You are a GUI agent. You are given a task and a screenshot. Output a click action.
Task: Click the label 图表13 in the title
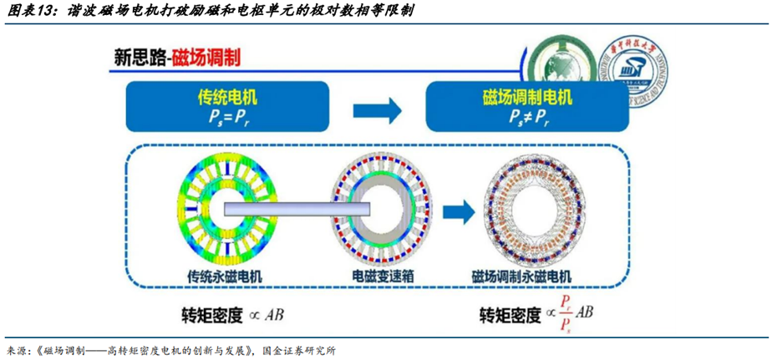point(28,11)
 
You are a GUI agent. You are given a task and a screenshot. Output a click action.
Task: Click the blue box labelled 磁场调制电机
point(527,107)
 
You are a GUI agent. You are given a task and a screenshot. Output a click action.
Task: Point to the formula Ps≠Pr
point(528,119)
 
